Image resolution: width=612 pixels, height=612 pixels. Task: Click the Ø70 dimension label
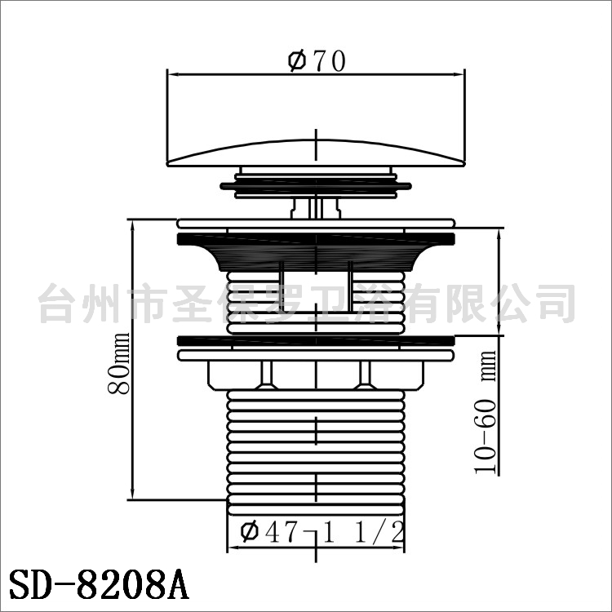point(317,61)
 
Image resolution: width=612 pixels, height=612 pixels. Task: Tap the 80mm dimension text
point(119,364)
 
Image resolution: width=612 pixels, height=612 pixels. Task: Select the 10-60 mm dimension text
point(486,412)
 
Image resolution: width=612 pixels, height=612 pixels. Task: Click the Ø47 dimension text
point(269,531)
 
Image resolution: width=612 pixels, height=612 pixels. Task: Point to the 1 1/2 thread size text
point(363,531)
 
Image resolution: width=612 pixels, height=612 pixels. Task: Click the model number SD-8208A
point(99,585)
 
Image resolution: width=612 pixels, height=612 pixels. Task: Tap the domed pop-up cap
point(316,153)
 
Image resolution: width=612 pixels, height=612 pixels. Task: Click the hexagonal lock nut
point(316,375)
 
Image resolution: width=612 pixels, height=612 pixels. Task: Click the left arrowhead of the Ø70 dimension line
point(172,73)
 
